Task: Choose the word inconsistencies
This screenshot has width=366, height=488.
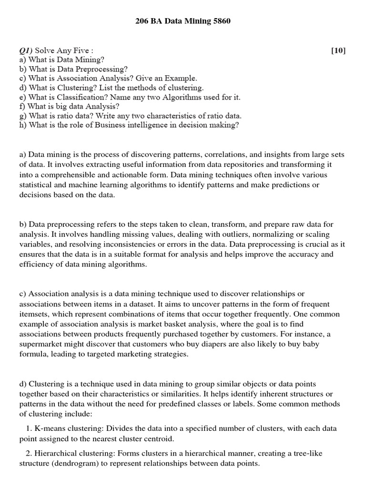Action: pos(109,244)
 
